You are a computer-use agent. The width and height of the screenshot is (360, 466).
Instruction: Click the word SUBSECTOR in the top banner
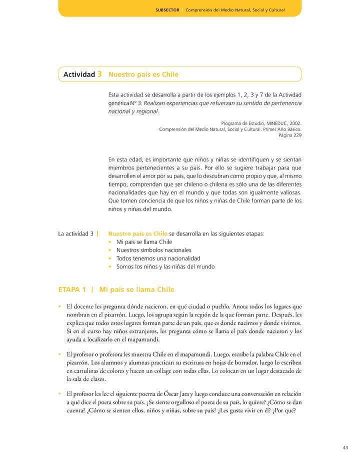click(167, 9)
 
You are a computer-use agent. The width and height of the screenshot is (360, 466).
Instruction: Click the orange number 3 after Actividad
click(100, 74)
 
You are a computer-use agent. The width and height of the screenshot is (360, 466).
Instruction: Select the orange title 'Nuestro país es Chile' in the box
click(143, 74)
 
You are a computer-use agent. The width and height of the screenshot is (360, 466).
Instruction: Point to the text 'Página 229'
click(289, 135)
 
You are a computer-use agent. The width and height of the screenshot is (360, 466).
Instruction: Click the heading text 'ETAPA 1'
click(72, 289)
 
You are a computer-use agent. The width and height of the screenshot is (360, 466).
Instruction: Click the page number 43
click(345, 447)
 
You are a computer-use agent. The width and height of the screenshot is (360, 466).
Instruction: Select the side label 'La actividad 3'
click(76, 233)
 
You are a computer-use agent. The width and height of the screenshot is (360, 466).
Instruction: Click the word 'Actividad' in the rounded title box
click(79, 74)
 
